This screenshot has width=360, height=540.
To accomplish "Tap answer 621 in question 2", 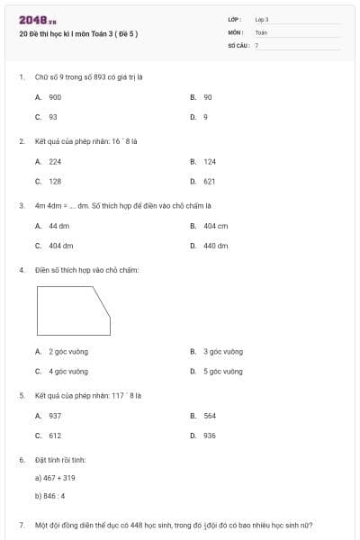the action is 209,181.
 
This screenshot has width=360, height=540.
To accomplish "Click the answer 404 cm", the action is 215,226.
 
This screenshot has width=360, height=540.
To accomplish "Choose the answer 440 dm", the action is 215,246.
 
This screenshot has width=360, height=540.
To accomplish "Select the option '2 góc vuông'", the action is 67,352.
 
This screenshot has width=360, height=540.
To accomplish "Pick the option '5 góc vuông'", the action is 222,372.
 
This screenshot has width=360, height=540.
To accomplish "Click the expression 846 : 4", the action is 52,495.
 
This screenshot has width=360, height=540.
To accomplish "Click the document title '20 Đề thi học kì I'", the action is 78,34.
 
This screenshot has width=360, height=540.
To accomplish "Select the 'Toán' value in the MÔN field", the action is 261,31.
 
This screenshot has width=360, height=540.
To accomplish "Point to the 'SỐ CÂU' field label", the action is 237,44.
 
